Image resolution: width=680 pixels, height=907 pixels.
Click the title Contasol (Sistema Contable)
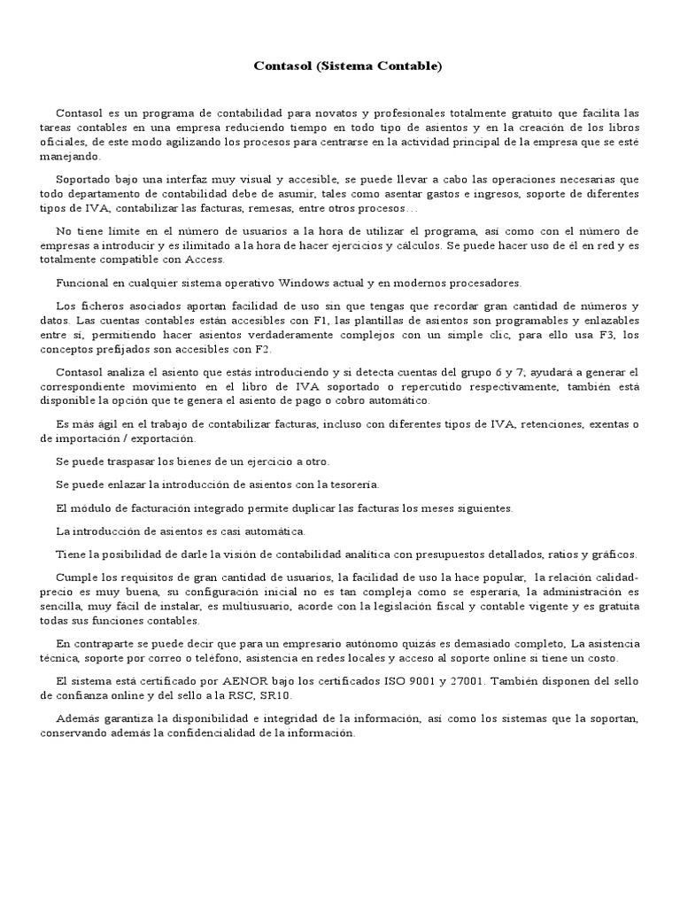347,66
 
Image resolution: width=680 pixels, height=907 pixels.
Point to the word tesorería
352,485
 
